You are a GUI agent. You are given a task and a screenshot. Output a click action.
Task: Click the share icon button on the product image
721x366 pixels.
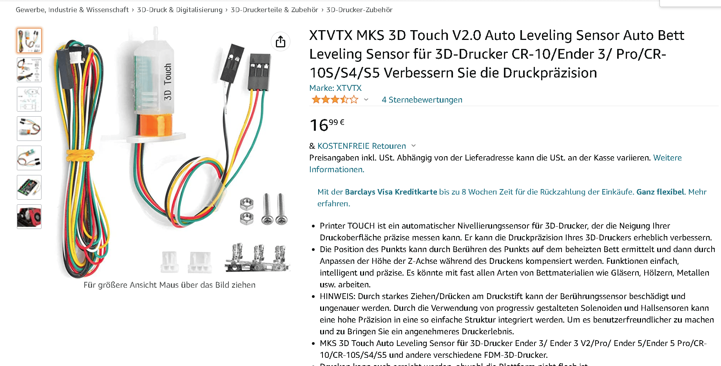tap(281, 41)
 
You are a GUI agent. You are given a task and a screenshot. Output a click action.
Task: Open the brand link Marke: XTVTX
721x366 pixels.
tap(335, 88)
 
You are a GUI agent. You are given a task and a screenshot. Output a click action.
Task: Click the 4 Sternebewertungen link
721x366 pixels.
tap(422, 100)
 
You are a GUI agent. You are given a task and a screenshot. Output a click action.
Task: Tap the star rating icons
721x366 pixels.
tap(335, 99)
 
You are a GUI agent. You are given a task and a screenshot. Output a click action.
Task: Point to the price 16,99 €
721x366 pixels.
tap(327, 125)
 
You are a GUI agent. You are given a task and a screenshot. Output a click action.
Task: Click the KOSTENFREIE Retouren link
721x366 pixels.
tap(362, 146)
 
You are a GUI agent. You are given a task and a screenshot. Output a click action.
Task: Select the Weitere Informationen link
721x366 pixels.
tap(496, 164)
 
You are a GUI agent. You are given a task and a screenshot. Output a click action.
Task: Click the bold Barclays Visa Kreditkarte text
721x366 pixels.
tap(391, 192)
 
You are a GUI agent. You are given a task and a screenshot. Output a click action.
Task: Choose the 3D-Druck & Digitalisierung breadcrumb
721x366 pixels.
tap(179, 10)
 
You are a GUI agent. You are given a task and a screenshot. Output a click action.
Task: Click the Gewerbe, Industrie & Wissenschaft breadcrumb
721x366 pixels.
tap(72, 10)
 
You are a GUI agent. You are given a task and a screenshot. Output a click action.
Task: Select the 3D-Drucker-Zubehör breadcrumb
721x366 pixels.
tap(359, 10)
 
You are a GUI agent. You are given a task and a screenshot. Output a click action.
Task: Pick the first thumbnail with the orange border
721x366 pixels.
tap(29, 40)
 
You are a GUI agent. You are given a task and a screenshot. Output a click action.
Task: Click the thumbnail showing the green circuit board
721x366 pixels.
tap(29, 187)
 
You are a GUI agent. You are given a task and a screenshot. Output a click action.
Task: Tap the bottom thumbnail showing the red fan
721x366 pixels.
tap(29, 216)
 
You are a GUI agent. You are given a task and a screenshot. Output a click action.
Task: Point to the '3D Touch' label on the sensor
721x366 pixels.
tap(168, 82)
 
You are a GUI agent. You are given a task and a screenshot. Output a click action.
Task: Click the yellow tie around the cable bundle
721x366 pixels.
tap(80, 155)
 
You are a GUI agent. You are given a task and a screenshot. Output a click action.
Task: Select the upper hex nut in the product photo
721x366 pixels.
tap(246, 204)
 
